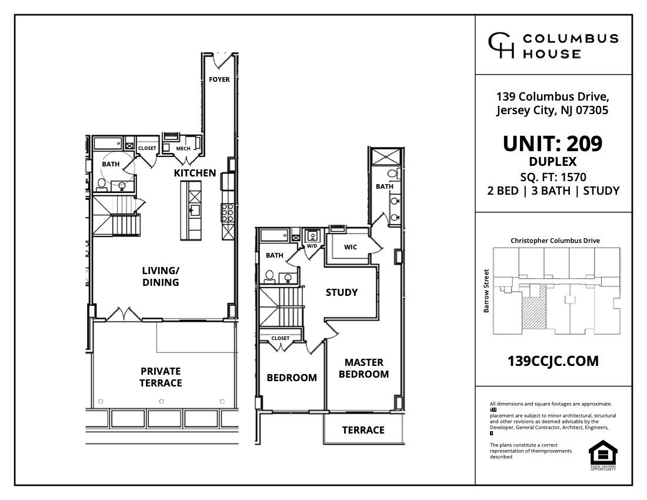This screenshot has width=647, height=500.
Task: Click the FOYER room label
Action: [x=219, y=79]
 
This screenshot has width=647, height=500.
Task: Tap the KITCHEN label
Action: [x=195, y=173]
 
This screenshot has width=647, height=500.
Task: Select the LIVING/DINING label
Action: [x=161, y=276]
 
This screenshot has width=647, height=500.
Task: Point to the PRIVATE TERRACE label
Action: [x=161, y=377]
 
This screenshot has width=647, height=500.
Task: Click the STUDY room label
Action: [x=342, y=292]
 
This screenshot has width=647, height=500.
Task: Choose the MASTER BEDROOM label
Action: [x=363, y=368]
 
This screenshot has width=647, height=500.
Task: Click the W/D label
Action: [x=312, y=245]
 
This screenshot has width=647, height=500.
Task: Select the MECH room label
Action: [x=183, y=148]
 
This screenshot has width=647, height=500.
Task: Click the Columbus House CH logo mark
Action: [x=501, y=46]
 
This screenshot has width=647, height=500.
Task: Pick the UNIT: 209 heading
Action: [x=552, y=144]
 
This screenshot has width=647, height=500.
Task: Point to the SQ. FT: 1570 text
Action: [x=553, y=177]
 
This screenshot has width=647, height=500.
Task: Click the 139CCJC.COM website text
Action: [x=553, y=361]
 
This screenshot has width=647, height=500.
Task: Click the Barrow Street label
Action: [x=486, y=291]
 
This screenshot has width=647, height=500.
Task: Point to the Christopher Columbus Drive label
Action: [x=555, y=241]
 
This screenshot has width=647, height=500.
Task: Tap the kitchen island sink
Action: [x=194, y=209]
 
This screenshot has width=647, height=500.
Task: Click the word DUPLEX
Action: [x=552, y=162]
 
